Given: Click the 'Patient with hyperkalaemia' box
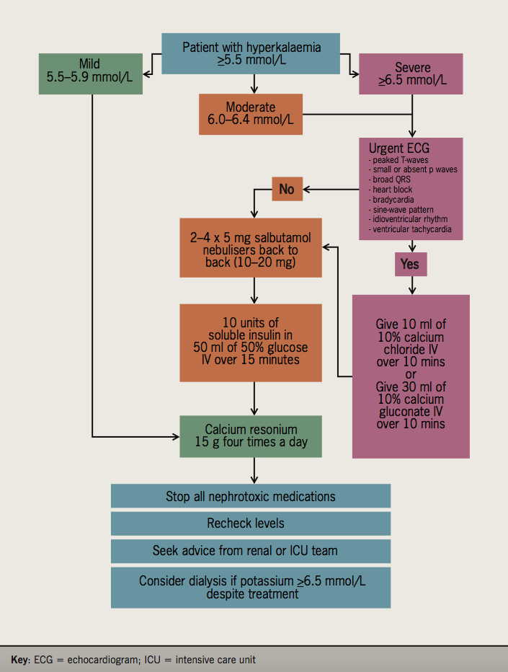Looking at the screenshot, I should [x=251, y=53].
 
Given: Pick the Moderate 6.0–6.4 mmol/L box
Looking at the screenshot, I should [x=250, y=114].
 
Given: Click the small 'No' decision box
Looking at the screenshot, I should [x=287, y=190].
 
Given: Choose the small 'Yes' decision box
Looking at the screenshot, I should [x=411, y=265].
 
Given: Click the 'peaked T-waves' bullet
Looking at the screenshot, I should [x=401, y=160].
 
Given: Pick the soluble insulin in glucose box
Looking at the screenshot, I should [x=251, y=342].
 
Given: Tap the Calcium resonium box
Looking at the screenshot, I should [x=251, y=436].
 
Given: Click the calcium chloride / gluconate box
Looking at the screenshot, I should [x=411, y=375].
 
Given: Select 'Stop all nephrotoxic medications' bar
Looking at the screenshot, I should [x=251, y=496].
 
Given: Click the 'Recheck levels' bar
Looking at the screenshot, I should [x=251, y=523].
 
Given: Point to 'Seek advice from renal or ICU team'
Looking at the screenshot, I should [x=251, y=550].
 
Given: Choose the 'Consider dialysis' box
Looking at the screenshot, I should [x=251, y=587].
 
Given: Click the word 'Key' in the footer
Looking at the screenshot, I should [x=19, y=660].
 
